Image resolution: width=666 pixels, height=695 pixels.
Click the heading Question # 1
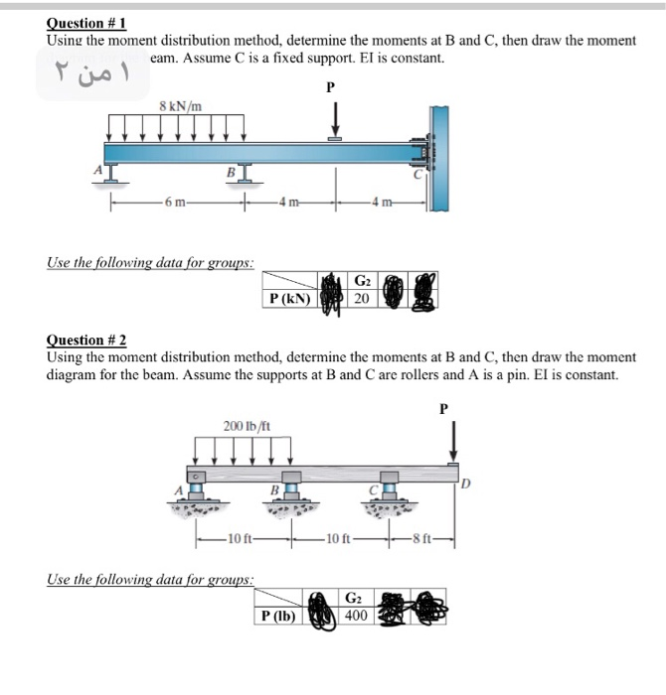pos(86,23)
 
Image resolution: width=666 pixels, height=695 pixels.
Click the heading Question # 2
pos(86,341)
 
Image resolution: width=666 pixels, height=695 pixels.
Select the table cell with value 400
pos(356,616)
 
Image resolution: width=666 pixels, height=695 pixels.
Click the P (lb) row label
pos(280,616)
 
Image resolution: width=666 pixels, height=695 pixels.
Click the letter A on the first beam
pos(98,171)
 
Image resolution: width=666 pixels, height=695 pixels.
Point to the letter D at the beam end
pos(464,484)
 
